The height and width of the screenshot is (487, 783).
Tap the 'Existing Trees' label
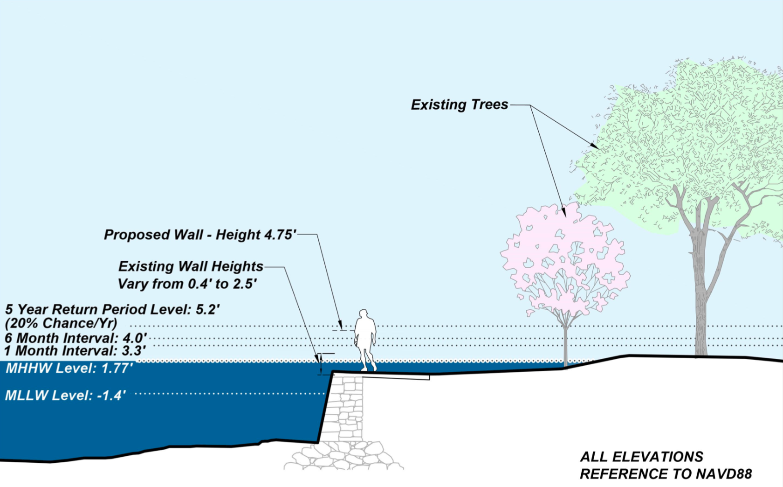click(459, 104)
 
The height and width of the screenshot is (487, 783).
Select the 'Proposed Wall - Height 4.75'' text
click(200, 235)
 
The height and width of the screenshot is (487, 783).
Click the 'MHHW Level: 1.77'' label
click(69, 369)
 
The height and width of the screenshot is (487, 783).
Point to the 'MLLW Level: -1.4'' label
click(65, 396)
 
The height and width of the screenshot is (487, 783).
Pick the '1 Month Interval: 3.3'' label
click(75, 351)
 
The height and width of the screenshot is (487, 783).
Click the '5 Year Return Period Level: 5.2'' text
click(112, 309)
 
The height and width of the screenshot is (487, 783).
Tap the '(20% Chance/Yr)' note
click(61, 323)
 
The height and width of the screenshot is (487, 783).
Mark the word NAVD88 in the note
click(724, 474)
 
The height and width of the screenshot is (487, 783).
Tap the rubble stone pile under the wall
click(343, 456)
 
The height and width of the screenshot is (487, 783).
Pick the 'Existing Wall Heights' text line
click(191, 266)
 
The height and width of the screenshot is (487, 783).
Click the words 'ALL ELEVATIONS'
click(641, 457)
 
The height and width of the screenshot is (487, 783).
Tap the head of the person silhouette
click(363, 313)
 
